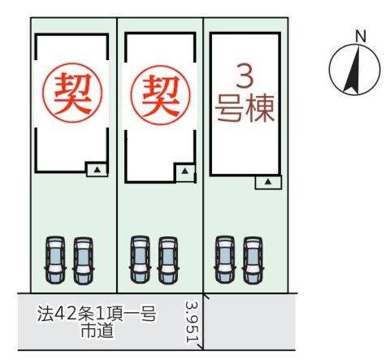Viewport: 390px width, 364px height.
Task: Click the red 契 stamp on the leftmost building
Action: coord(72,93)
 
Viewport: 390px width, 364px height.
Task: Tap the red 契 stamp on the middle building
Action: coord(160,95)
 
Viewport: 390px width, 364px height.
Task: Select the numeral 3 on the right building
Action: coord(245,76)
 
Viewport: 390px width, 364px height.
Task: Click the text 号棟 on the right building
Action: coord(245,108)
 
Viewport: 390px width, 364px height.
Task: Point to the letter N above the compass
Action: coord(361,37)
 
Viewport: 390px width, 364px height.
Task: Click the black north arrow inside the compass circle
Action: coord(353,71)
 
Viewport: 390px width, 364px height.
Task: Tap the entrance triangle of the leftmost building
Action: coord(97,170)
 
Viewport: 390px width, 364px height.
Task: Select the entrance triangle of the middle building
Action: coord(184,171)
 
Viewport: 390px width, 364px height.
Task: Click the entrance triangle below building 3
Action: coord(268,182)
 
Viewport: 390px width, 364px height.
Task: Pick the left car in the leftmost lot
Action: coord(55,260)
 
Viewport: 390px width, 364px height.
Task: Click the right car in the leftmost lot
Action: coord(83,261)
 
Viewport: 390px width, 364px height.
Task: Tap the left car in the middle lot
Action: coord(140,259)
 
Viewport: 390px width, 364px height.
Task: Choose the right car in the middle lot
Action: coord(168,260)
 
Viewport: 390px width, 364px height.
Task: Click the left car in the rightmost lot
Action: coord(225,259)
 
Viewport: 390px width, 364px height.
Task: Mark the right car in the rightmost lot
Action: coord(253,260)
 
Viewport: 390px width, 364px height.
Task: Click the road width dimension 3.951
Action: coord(193,322)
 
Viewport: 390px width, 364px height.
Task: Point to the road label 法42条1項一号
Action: coord(97,314)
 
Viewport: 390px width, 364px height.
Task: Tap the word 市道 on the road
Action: coord(97,330)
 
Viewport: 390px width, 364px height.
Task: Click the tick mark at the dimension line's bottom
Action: coord(201,348)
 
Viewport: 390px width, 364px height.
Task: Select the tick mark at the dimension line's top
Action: coord(206,296)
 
